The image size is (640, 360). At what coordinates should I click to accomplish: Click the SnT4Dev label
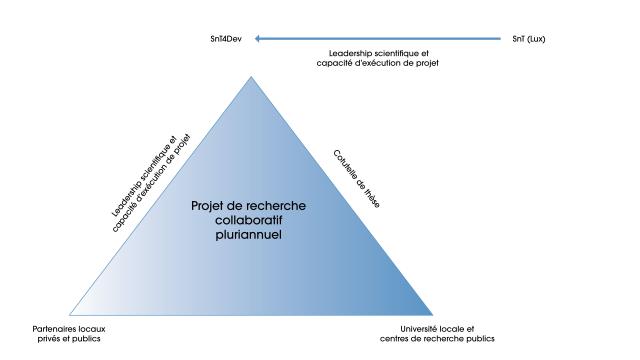pos(226,39)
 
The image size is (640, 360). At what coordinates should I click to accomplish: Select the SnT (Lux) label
pos(529,39)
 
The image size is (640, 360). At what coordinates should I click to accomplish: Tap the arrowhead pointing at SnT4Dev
pos(258,39)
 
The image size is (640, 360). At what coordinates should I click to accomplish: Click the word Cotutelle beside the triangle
pos(347,167)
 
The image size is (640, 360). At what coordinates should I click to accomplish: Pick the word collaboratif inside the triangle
pos(249,220)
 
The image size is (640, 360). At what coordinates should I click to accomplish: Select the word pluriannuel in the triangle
pos(249,235)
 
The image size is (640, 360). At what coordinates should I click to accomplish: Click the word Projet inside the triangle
pos(207,206)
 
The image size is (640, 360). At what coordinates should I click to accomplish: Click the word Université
pos(418,329)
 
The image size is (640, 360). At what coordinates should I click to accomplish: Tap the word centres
pos(393,339)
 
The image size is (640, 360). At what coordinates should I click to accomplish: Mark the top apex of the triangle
pos(251,76)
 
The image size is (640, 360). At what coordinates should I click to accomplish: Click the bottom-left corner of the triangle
pos(69,315)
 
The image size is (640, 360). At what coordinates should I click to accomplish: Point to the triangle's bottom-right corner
pos(433,315)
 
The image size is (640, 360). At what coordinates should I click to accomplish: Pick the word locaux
pos(92,329)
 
